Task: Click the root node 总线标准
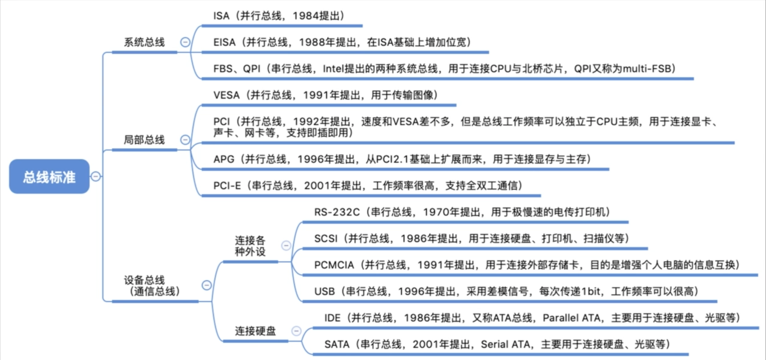(x=49, y=177)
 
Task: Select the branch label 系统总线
(x=144, y=42)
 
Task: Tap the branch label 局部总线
(x=144, y=140)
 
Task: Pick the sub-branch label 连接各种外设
(x=250, y=246)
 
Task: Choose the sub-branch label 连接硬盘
(x=255, y=331)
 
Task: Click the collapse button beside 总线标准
(x=96, y=176)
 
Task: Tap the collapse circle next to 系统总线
(x=185, y=42)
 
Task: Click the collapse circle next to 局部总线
(x=185, y=140)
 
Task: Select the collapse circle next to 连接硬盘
(x=296, y=331)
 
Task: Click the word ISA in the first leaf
(x=221, y=16)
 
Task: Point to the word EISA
(x=224, y=42)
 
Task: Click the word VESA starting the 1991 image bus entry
(x=226, y=95)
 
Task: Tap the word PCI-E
(x=227, y=185)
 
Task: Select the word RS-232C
(x=337, y=212)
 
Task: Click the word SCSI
(x=325, y=239)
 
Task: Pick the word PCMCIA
(x=334, y=265)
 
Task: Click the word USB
(x=325, y=291)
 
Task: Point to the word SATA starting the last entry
(x=337, y=344)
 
